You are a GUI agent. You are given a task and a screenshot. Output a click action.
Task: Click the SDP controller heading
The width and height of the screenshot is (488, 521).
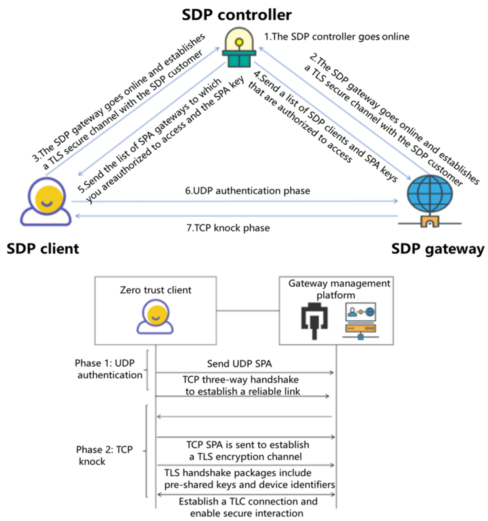[x=236, y=15]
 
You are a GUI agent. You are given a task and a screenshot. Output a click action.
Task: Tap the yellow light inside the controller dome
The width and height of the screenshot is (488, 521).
[x=239, y=42]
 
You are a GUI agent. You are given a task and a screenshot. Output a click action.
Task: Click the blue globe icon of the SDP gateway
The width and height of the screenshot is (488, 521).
[x=430, y=194]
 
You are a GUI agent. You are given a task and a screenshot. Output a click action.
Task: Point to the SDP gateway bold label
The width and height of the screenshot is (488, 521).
[x=437, y=249]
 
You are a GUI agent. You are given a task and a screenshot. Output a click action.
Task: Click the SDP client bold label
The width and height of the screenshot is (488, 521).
[x=43, y=249]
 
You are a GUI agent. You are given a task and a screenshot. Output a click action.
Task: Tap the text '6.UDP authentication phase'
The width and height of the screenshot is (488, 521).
[x=247, y=191]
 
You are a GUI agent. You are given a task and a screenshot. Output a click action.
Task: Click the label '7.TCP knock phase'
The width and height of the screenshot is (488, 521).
[x=228, y=228]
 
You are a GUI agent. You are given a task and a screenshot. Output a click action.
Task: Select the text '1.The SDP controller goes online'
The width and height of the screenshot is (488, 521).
[x=336, y=37]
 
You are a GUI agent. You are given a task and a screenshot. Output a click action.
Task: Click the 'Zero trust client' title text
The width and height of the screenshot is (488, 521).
[x=156, y=290]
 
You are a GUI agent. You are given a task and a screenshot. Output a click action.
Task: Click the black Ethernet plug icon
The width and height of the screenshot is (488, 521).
[x=314, y=320]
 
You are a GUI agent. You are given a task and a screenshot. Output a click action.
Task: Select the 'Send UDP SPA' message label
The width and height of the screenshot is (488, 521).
[x=239, y=364]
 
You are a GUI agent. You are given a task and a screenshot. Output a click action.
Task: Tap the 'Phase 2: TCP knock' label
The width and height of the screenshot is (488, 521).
[x=104, y=456]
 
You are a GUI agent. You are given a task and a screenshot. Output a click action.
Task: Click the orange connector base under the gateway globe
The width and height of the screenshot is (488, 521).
[x=429, y=222]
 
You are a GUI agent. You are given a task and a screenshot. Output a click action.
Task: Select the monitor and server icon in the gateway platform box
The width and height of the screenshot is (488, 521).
[x=360, y=320]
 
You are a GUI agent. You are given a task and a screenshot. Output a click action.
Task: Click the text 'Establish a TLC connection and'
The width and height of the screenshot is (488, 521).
[x=248, y=501]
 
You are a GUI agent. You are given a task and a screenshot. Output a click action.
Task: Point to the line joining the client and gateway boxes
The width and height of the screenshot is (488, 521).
[x=248, y=311]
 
